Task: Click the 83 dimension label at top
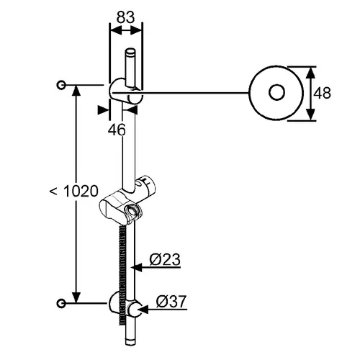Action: [x=125, y=17]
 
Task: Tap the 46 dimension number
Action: [x=117, y=130]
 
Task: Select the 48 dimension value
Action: [x=322, y=93]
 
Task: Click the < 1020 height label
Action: [x=74, y=192]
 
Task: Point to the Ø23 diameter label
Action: [x=165, y=259]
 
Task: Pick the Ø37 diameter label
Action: [x=171, y=302]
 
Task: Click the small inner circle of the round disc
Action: [x=276, y=92]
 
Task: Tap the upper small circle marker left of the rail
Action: [x=61, y=85]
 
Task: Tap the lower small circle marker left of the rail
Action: [x=61, y=303]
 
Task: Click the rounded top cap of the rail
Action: [x=130, y=51]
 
